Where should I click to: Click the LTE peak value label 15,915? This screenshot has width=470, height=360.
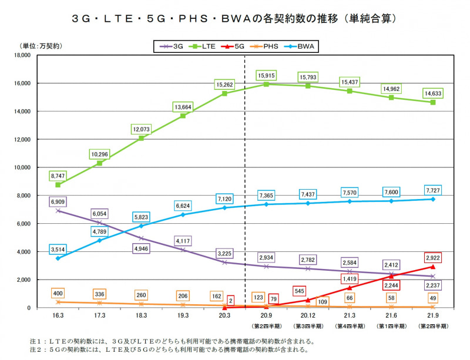pyautogui.click(x=267, y=75)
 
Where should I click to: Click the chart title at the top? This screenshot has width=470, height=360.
pyautogui.click(x=235, y=18)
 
